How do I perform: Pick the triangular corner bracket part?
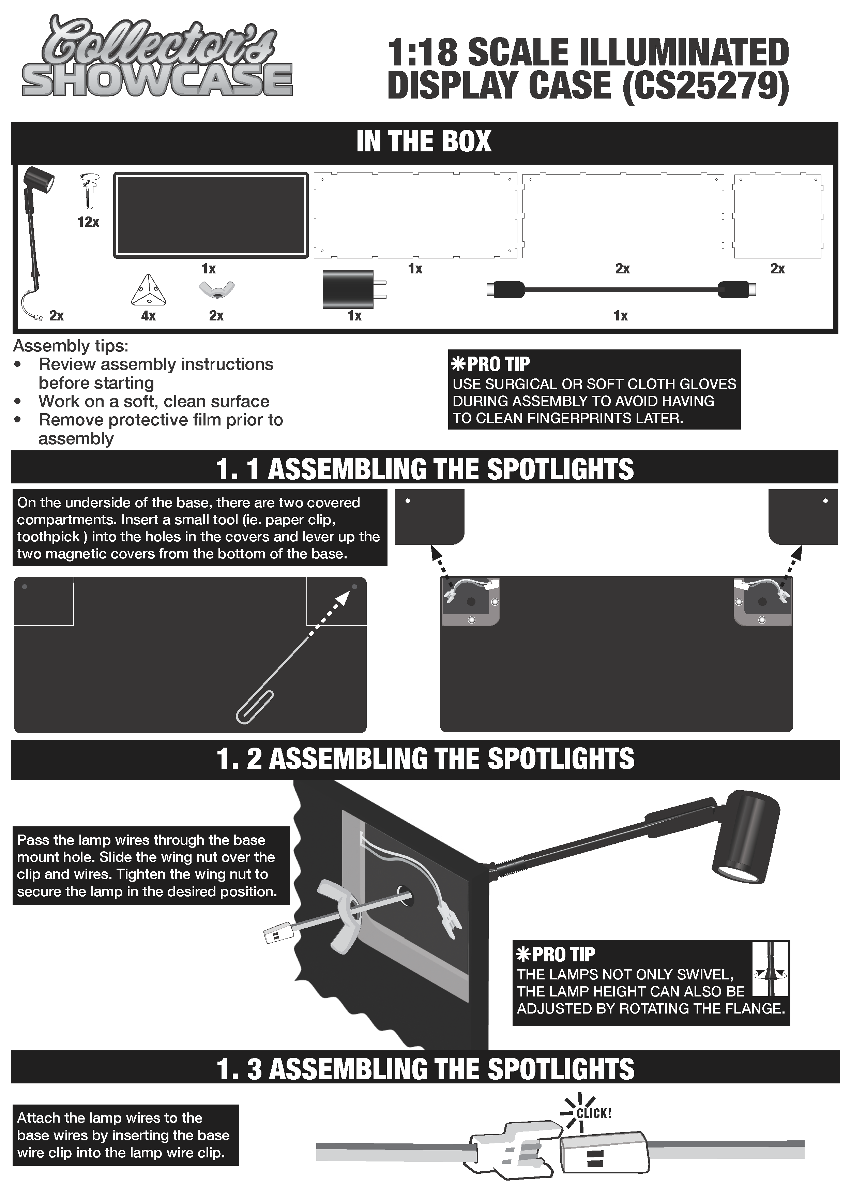point(149,290)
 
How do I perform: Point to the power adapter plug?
point(354,289)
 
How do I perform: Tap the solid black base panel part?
point(211,215)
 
